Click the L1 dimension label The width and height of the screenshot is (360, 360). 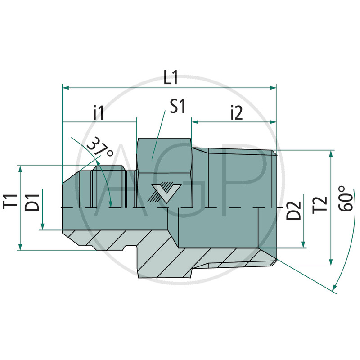[171, 77]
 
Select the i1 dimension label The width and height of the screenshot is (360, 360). [99, 112]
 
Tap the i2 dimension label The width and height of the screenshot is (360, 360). [237, 113]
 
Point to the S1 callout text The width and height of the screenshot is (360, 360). [177, 106]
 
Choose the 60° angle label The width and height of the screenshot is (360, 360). [346, 198]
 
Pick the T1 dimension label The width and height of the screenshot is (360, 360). [10, 201]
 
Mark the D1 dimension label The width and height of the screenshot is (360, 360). [32, 202]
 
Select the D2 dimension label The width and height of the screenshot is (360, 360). [293, 210]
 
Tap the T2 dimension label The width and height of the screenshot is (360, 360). [319, 205]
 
